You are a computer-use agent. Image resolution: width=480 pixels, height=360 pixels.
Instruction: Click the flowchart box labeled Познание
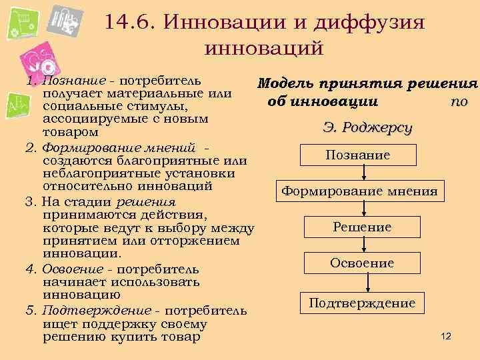click(x=359, y=155)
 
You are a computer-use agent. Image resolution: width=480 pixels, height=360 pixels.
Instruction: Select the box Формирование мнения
click(x=359, y=191)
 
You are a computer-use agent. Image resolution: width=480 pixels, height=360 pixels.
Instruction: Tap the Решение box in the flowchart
click(x=362, y=227)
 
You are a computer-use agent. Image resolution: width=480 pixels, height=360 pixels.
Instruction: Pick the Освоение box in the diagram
click(x=362, y=263)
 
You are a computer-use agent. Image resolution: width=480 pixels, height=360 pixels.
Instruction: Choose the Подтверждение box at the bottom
click(x=362, y=304)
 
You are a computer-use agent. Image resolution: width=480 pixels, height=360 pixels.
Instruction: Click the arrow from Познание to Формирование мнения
click(x=363, y=173)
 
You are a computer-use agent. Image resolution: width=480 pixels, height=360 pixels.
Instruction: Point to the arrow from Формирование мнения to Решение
click(x=363, y=209)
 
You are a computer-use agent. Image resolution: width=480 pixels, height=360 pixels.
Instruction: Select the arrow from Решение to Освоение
click(x=363, y=245)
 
